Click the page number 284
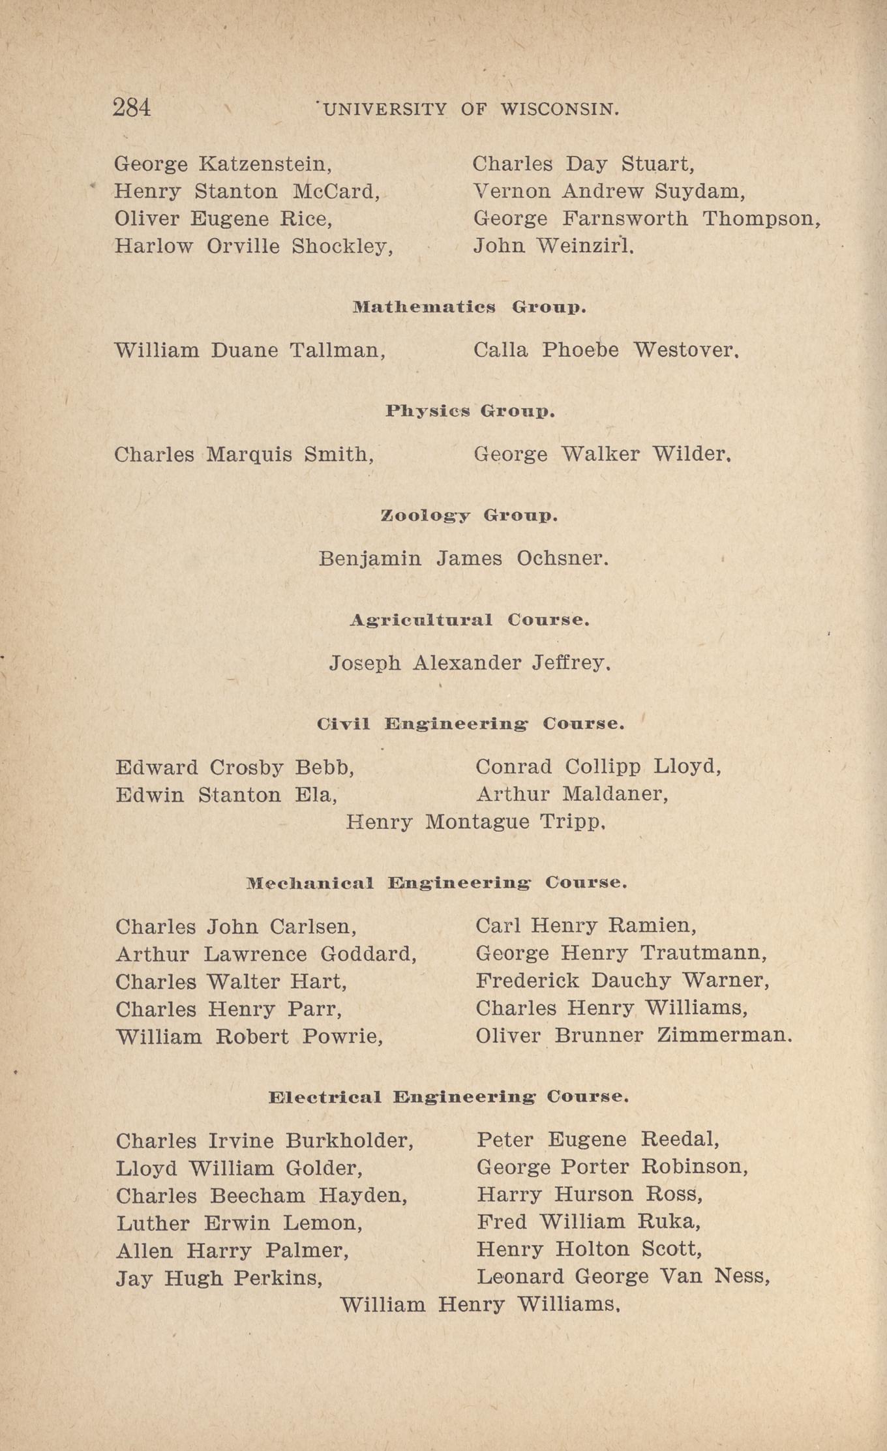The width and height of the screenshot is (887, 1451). (132, 108)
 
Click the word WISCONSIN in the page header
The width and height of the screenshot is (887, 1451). (560, 110)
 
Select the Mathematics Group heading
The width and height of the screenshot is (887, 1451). (469, 307)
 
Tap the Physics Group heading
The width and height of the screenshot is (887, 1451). (470, 411)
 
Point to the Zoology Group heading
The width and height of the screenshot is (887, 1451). (469, 516)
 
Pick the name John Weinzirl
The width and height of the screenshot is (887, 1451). (553, 246)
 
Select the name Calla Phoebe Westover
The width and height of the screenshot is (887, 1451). (606, 351)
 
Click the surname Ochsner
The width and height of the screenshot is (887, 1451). (562, 559)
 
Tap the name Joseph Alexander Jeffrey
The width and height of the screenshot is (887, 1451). (470, 663)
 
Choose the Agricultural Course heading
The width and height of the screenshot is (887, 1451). (470, 620)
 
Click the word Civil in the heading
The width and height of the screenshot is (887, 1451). (343, 724)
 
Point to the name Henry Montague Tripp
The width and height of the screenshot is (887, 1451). (475, 822)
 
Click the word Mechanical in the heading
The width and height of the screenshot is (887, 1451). (310, 883)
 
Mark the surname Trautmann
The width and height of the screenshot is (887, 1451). (703, 953)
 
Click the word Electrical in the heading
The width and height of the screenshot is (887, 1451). (325, 1097)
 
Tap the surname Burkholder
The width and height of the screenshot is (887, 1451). (350, 1141)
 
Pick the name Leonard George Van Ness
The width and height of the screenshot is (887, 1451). (623, 1276)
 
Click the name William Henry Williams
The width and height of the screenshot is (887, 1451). (479, 1304)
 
